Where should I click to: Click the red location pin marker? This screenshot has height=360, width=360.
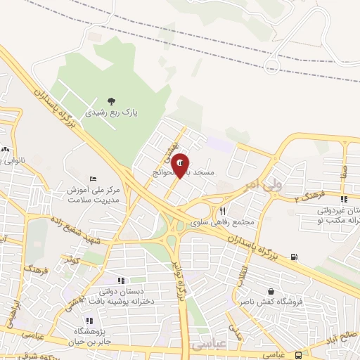(181, 165)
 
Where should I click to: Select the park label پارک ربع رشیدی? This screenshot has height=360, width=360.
(112, 112)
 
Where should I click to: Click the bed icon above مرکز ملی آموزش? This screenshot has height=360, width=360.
(94, 179)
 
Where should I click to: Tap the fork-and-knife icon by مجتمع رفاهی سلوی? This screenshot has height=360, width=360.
(222, 211)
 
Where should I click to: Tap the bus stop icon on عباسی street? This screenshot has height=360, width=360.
(298, 355)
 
